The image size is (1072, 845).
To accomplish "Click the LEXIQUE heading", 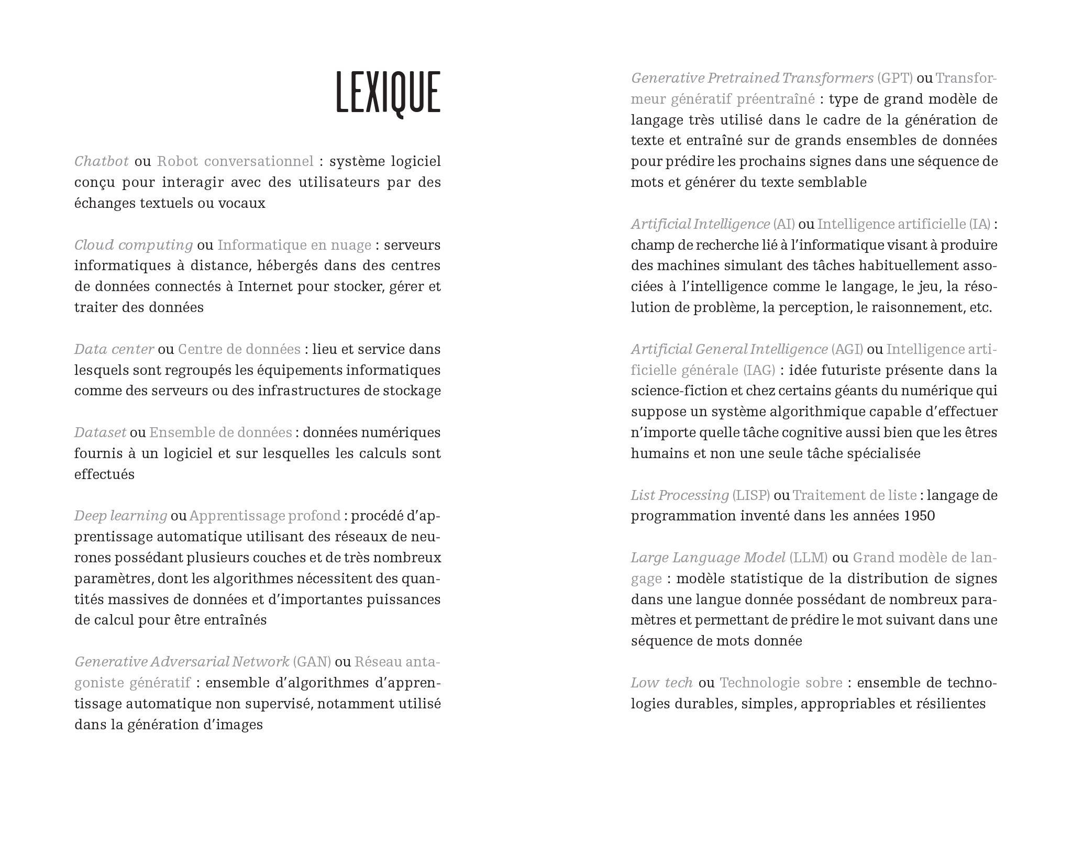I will [388, 93].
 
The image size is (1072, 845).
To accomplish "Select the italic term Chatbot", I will [101, 161].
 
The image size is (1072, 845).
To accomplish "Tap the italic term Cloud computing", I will [134, 245].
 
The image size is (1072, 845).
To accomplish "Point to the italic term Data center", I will [114, 349].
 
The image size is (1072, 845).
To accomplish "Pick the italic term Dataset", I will [100, 432].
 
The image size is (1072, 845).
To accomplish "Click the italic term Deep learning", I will [120, 516].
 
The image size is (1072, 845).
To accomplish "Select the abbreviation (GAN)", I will [312, 662].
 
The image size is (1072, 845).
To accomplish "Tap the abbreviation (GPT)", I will [896, 78].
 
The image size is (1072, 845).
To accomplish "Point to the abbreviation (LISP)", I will [751, 495].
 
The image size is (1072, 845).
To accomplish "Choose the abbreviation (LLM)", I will [809, 558].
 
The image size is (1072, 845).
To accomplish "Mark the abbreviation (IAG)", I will [759, 370].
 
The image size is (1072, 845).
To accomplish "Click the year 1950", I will [919, 516].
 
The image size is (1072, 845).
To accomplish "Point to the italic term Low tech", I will [662, 683].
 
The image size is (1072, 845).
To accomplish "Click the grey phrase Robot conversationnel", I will [235, 161].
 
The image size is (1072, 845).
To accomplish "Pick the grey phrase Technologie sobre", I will [781, 683].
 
